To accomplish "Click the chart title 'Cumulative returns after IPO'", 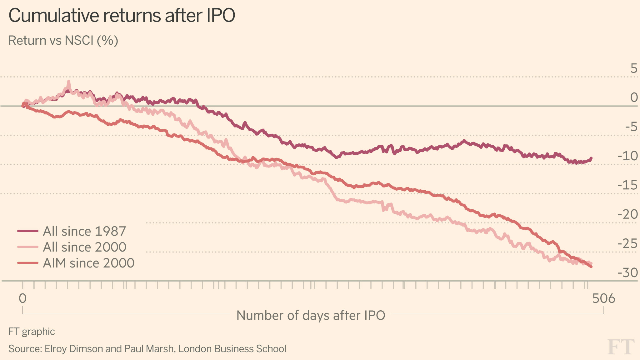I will tap(122, 15).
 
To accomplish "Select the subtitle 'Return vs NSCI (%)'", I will tap(63, 41).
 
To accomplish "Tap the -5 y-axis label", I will tap(631, 127).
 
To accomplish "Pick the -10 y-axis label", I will tap(627, 156).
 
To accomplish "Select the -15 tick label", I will tap(627, 185).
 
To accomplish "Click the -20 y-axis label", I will tap(627, 214).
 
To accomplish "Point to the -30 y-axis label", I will tap(627, 273).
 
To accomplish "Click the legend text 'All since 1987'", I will tap(84, 231).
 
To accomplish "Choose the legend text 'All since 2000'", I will tap(84, 247).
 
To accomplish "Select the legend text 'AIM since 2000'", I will tap(88, 263).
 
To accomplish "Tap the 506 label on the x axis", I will tap(603, 299).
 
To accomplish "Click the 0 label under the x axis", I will tap(22, 299).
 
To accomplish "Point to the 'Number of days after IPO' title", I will tap(311, 315).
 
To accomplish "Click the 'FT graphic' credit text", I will tap(32, 332).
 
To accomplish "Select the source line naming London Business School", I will tap(147, 349).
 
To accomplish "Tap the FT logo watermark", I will tap(621, 347).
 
